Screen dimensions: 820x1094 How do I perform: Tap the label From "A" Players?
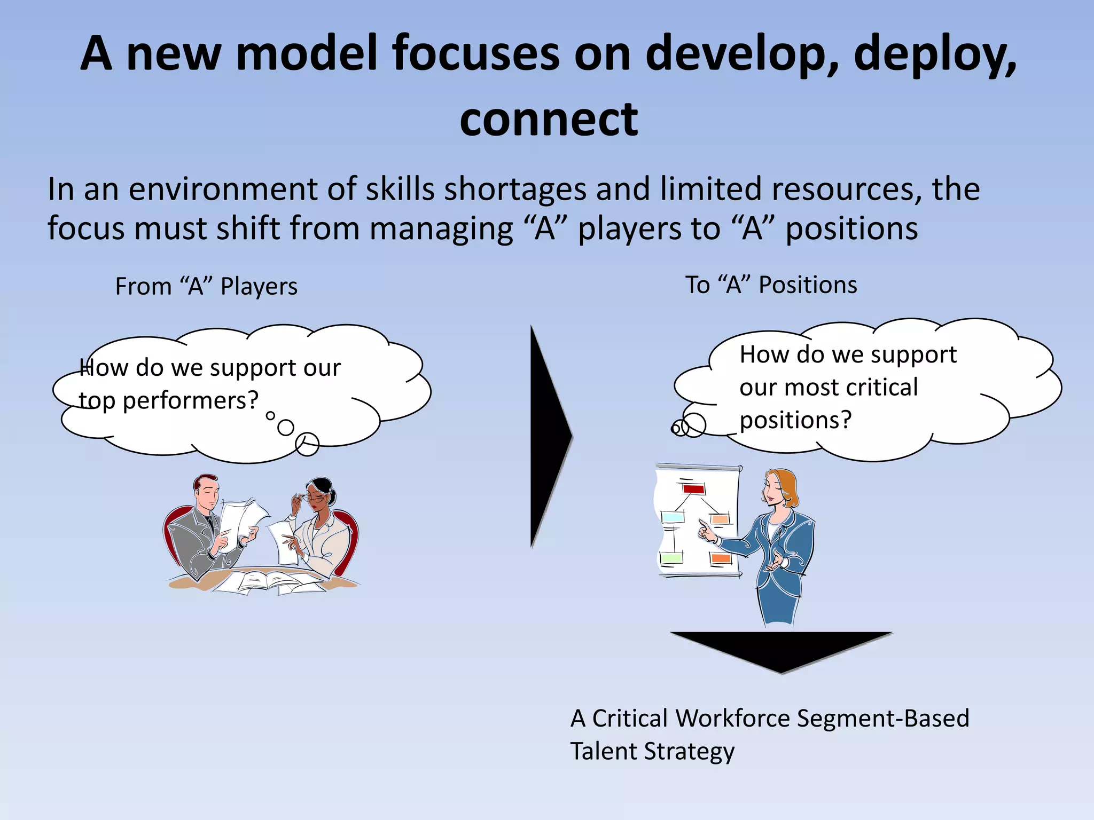(206, 287)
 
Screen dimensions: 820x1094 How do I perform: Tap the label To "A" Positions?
(771, 285)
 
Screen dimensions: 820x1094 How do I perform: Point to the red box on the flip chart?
(693, 488)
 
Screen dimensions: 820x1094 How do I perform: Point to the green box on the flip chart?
(671, 558)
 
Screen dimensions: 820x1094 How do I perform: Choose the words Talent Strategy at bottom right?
(652, 752)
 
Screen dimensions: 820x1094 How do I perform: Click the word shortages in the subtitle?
(516, 190)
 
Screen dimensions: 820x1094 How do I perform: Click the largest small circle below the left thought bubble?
(307, 444)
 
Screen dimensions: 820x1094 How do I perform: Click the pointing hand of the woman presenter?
(706, 531)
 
